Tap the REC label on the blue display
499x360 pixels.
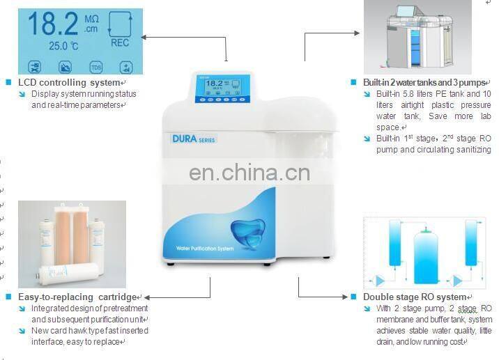(120, 42)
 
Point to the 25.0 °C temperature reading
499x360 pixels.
(63, 46)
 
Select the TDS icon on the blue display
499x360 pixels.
(95, 68)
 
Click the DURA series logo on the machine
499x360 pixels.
(194, 139)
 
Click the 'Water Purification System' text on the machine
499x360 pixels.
(206, 248)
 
